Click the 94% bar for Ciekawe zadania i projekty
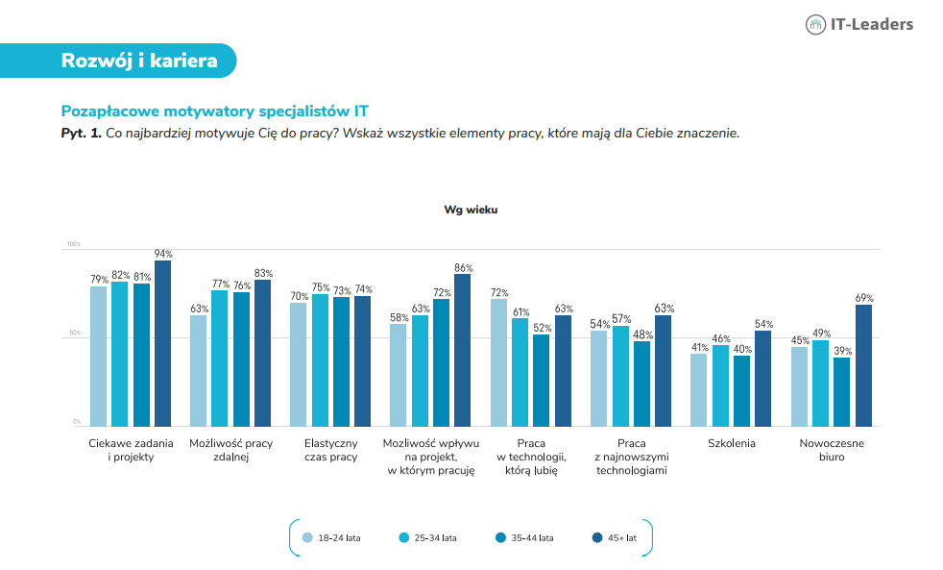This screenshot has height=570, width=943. (163, 343)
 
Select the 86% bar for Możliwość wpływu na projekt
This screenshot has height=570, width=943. (463, 350)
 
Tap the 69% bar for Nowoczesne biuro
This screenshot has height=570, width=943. (863, 365)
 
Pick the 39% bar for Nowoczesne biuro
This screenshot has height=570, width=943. (841, 392)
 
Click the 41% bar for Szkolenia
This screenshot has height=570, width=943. (699, 390)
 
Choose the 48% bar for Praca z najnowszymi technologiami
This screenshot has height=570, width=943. (641, 384)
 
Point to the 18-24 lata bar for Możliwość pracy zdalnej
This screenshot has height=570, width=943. (199, 371)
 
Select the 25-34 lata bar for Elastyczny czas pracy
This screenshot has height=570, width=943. (320, 359)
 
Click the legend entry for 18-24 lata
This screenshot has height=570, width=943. (331, 538)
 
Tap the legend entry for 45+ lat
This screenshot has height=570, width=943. (614, 538)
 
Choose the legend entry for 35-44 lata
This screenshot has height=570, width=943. (524, 538)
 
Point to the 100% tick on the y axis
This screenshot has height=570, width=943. (73, 244)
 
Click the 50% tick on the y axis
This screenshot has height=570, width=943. (75, 333)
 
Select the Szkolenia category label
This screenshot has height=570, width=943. (732, 444)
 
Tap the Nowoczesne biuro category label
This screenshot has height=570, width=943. (832, 450)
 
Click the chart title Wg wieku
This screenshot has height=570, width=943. (471, 211)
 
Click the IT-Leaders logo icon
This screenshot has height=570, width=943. (815, 25)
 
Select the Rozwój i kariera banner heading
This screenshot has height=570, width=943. (139, 61)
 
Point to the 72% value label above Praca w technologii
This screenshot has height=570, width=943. (499, 293)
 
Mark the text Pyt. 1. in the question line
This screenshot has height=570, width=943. (82, 133)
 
